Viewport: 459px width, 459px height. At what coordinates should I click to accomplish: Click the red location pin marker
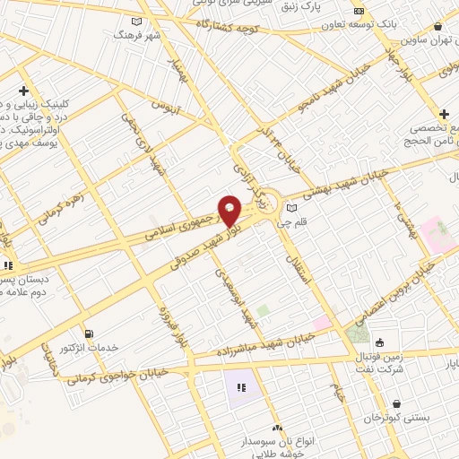[230, 211]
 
